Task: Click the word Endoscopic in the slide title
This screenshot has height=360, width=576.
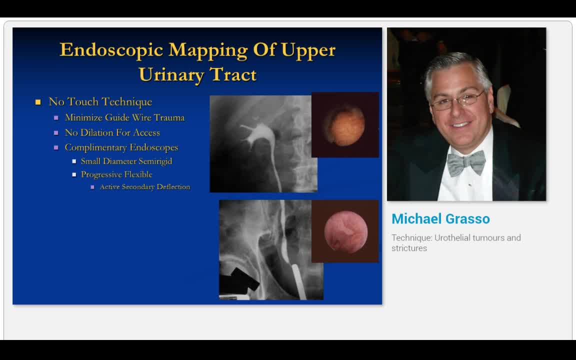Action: point(111,50)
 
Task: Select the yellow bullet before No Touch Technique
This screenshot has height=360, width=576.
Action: point(38,102)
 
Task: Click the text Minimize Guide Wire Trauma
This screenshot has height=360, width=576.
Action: point(124,117)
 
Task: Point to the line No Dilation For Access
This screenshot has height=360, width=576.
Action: point(112,132)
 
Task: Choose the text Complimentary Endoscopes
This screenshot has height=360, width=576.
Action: point(121,147)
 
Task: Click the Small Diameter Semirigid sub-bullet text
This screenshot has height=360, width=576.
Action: point(126,161)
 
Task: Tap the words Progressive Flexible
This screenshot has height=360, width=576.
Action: point(116,174)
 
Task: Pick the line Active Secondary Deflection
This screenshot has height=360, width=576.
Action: point(144,187)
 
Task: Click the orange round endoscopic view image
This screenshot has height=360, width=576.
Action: point(344,125)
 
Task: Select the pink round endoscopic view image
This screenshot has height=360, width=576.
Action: point(345,231)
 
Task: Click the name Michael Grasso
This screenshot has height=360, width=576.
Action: point(440,219)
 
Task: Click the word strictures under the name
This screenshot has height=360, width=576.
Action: point(409,248)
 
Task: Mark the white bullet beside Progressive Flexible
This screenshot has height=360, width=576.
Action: point(74,174)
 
